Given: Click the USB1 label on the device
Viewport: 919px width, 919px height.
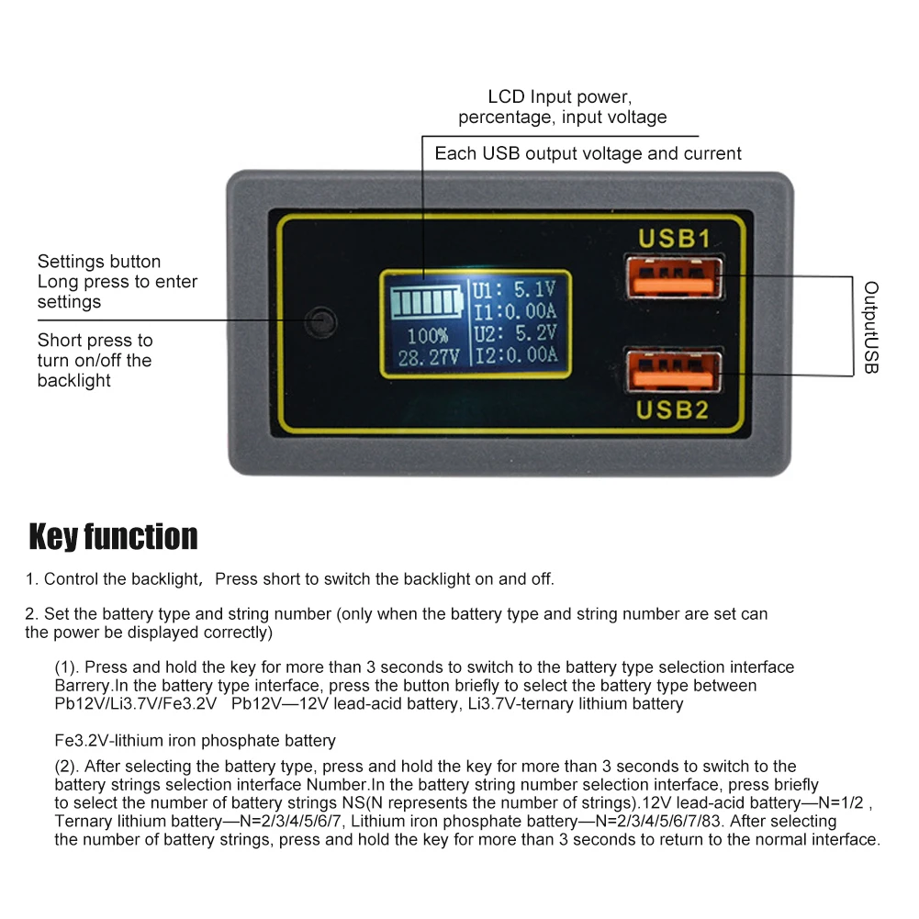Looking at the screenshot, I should pos(675,239).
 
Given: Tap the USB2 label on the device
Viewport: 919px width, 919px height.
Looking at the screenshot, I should pos(675,409).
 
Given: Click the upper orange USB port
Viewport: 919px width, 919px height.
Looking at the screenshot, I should pos(675,278).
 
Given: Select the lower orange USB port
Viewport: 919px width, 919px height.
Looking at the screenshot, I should pos(675,370).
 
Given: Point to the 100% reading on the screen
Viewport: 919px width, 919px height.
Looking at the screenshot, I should pos(427,336).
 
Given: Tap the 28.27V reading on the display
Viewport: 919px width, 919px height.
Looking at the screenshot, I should pos(427,356).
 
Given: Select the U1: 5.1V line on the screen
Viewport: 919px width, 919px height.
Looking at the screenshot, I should pos(514,290).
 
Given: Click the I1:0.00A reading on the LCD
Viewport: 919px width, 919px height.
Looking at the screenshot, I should pos(514,311).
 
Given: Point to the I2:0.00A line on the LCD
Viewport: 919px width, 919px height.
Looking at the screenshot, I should pos(514,354).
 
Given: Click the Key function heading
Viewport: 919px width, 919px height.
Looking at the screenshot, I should pos(113,537).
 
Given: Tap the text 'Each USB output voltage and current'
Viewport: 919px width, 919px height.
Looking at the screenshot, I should pos(588,153).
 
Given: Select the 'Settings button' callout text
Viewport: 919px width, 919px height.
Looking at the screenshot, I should pos(99,262).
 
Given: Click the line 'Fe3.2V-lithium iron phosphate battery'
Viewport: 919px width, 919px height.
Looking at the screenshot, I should pos(195,740).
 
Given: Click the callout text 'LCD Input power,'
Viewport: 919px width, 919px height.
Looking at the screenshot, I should pos(560,96).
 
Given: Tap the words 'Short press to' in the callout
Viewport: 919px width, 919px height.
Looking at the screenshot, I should pos(95,341).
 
